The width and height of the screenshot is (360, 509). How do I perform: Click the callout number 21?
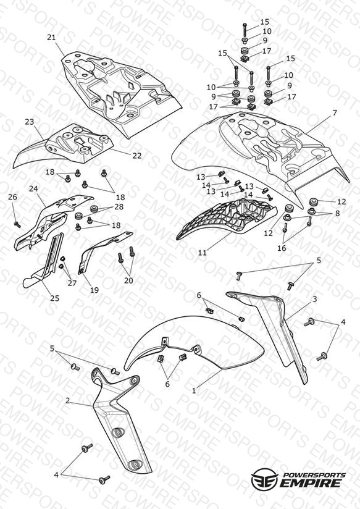coord(51,37)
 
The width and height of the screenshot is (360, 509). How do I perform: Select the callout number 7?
coord(335,112)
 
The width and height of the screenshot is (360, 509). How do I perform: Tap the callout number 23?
coord(29,122)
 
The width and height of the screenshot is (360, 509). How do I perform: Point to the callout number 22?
coord(137,156)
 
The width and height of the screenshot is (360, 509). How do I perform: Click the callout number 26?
coord(13,197)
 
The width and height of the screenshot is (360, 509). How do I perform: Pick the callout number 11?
coord(203,253)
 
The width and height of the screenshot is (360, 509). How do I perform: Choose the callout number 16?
coord(282,248)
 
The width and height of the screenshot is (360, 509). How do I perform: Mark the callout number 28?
coord(119,207)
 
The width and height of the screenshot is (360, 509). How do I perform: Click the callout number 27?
coord(72,283)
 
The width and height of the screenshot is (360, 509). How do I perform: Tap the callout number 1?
coord(194,391)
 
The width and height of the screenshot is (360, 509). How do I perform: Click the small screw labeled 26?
coord(17,224)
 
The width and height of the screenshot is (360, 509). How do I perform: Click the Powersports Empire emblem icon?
coord(264,478)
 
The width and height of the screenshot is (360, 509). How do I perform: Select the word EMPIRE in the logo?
coord(311,483)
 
